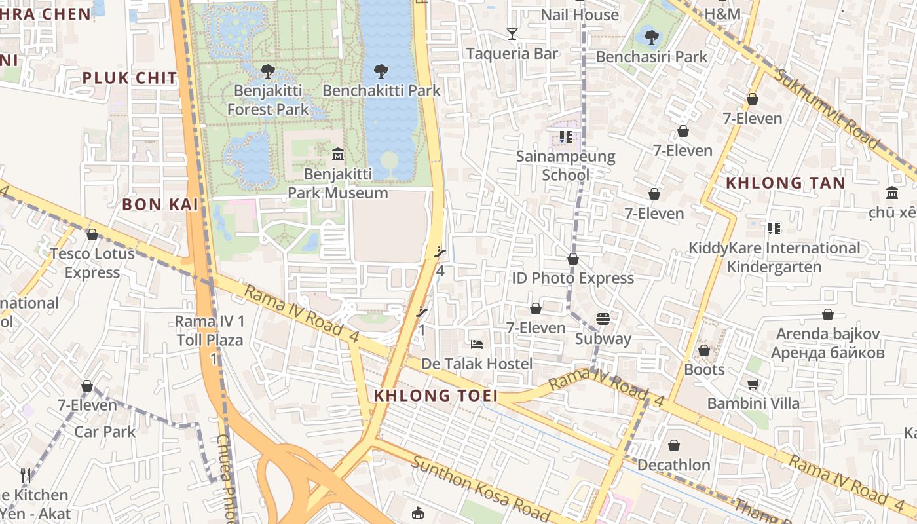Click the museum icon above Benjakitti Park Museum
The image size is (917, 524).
click(338, 155)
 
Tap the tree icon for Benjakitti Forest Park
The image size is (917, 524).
click(267, 71)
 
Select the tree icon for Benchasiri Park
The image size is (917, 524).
click(651, 37)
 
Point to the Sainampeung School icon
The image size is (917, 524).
click(566, 137)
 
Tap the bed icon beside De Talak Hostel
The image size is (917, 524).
click(477, 345)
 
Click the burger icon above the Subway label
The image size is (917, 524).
click(603, 319)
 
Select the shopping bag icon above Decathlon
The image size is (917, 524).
click(673, 446)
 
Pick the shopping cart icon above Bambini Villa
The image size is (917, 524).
click(753, 384)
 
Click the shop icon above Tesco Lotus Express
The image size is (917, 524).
click(92, 234)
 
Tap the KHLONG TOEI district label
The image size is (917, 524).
click(436, 396)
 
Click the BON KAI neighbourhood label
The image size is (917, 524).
click(160, 204)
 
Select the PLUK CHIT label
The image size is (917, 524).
click(130, 79)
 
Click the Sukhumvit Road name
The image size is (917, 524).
click(827, 107)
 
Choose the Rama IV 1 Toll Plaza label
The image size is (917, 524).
click(210, 331)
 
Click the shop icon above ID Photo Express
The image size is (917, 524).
click(573, 259)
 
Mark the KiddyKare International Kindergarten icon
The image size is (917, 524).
click(774, 229)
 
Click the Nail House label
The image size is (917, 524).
click(579, 14)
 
